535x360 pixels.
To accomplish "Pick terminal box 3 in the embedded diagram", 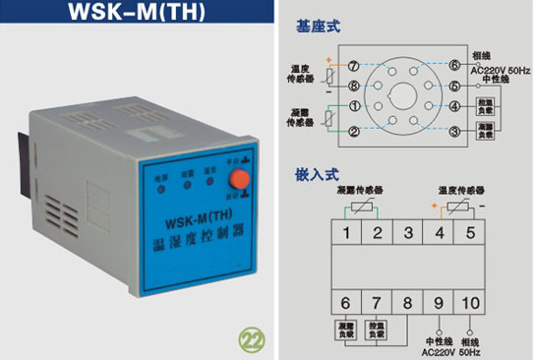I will [403, 234].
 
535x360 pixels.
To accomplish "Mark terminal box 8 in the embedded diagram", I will [403, 303].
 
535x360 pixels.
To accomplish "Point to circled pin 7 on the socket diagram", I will [353, 64].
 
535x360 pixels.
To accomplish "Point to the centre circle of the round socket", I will [404, 97].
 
